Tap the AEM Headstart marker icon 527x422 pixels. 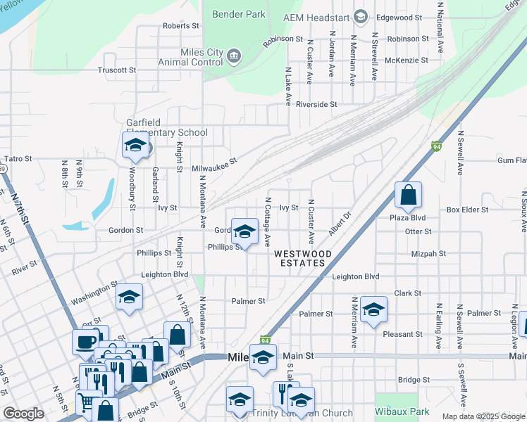click(x=361, y=16)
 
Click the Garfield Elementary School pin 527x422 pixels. click(x=135, y=146)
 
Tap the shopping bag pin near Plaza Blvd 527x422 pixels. click(x=408, y=195)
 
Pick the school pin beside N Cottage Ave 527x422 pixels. click(x=244, y=231)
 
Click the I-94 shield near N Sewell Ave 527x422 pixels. click(x=437, y=146)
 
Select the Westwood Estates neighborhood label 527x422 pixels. click(x=299, y=258)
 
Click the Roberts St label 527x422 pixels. click(x=181, y=26)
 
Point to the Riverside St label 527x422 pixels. click(x=316, y=104)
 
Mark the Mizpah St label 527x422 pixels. click(x=432, y=253)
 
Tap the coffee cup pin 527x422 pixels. click(x=86, y=342)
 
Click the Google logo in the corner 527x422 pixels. click(x=23, y=414)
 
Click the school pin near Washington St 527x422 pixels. click(x=129, y=298)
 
